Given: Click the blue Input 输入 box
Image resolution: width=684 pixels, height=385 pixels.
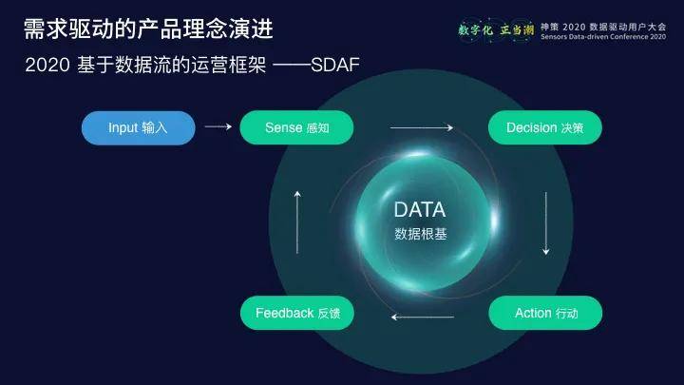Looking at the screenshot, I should (139, 127).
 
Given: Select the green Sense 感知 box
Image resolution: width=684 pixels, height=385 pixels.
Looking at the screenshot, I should (296, 127).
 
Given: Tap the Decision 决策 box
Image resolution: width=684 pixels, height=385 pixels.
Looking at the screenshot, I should (544, 127).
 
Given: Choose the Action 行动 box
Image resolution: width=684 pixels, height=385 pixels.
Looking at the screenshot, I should (545, 313).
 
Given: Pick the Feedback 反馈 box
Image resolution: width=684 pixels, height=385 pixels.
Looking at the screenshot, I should (297, 313).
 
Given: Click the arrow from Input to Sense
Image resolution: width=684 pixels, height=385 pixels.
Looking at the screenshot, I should (218, 126).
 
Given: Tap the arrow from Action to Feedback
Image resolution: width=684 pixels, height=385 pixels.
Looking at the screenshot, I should (422, 316).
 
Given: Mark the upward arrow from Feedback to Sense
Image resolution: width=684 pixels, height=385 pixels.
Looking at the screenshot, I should (297, 221).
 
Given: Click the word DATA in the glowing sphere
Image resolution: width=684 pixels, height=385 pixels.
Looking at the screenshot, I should (420, 209).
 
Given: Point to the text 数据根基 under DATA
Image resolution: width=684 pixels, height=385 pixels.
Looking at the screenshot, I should (420, 233).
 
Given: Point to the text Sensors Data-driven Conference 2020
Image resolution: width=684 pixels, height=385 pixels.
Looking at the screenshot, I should (602, 38).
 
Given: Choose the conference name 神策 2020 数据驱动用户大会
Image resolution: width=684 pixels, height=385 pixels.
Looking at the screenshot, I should (602, 26).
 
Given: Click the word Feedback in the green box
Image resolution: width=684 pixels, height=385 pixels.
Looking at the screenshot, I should (284, 313).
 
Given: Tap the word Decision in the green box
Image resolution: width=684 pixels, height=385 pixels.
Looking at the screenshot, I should (531, 127).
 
